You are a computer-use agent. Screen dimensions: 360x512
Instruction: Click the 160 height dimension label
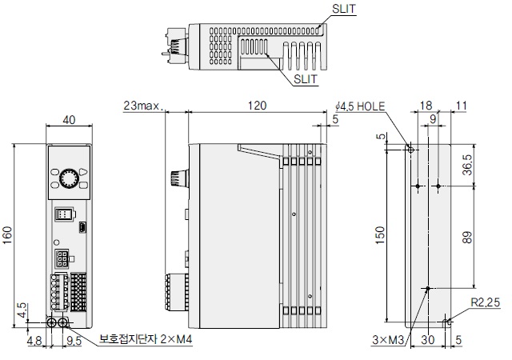(x=7, y=234)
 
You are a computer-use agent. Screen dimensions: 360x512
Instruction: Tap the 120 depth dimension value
(x=257, y=106)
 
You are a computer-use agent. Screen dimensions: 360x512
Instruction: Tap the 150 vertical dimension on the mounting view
(x=381, y=234)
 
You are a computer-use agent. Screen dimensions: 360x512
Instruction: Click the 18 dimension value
(x=426, y=106)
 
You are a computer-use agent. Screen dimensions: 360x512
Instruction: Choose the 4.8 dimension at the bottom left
(x=33, y=340)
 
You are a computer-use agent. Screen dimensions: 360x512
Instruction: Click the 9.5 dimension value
(x=74, y=340)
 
